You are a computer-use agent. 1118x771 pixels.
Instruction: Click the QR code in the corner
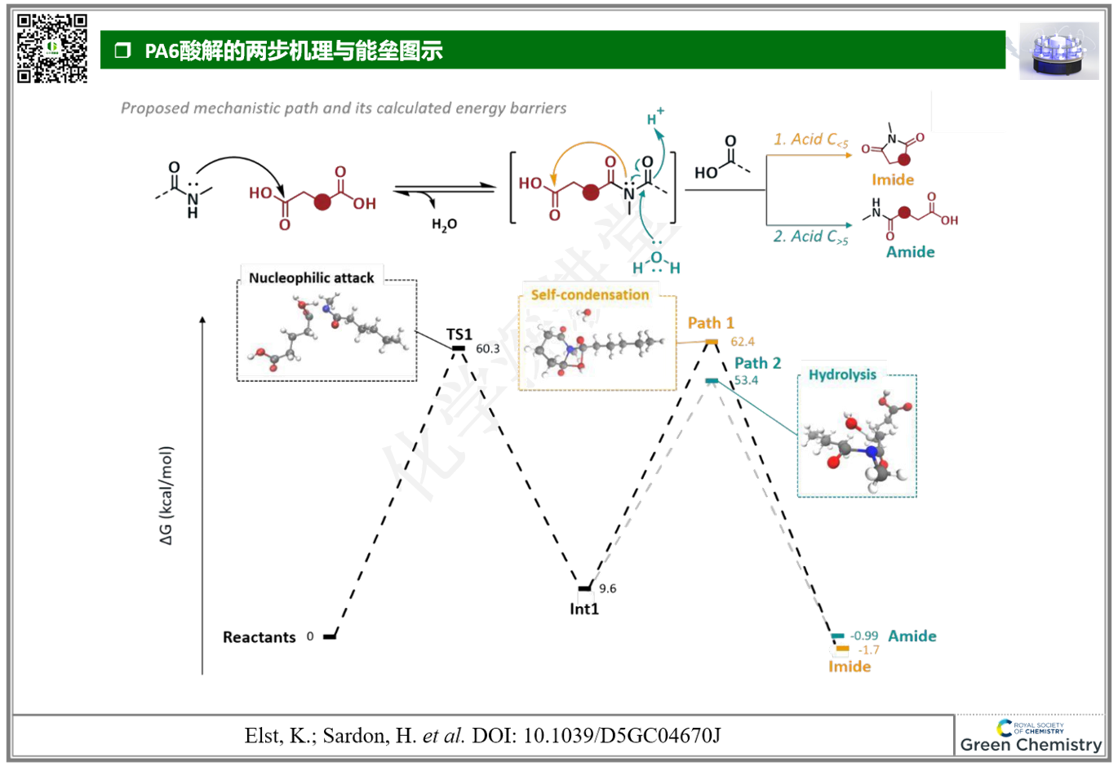[52, 48]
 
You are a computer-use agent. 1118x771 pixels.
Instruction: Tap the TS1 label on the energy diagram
[459, 335]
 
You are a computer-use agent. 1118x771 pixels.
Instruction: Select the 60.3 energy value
[488, 349]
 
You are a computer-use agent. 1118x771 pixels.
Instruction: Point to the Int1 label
[584, 609]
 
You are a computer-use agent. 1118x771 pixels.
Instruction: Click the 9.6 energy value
[608, 589]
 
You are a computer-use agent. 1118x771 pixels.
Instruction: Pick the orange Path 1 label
[711, 323]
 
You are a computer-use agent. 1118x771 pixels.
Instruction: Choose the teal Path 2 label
[757, 363]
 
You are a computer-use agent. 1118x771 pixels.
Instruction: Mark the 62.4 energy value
[743, 342]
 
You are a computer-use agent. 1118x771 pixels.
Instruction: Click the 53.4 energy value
[746, 380]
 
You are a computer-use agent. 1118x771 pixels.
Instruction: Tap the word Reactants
[259, 637]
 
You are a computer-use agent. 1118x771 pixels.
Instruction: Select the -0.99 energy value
[864, 636]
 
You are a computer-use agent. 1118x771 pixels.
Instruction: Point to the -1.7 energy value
[868, 650]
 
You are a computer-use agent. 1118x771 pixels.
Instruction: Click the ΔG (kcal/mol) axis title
[166, 495]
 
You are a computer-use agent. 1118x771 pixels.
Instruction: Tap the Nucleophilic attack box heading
[311, 278]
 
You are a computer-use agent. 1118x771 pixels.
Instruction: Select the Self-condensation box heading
[590, 295]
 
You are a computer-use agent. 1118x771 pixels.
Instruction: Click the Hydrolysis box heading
[842, 374]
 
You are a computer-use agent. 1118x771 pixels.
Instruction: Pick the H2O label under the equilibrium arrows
[445, 224]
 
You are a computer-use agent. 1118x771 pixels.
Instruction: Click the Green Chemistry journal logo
[1031, 736]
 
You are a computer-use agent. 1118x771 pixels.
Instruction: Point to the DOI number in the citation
[622, 736]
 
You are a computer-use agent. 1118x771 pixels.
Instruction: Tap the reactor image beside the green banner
[1058, 51]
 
